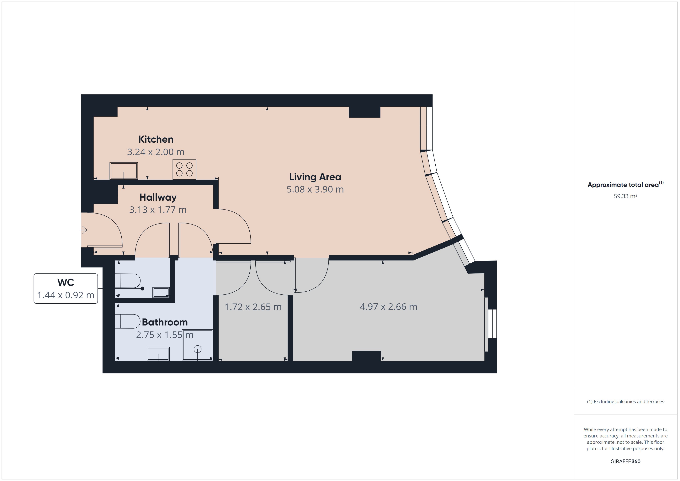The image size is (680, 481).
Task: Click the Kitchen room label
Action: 156,139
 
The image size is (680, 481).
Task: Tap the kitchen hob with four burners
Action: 184,169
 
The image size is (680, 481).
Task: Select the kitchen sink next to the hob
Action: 124,171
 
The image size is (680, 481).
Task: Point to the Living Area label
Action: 315,177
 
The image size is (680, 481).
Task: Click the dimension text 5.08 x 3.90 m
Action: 315,189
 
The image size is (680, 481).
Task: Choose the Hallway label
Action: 158,197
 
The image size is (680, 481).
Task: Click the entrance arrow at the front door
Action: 83,230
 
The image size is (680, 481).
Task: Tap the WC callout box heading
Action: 66,282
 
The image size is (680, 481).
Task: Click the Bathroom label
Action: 165,322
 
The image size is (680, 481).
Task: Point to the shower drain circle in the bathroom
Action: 198,349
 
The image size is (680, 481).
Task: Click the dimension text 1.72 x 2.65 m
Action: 253,307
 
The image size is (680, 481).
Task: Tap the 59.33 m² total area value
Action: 625,196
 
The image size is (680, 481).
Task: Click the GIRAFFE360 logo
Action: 625,461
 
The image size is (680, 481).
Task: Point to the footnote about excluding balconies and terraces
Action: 625,401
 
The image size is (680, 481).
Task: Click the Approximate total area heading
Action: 625,185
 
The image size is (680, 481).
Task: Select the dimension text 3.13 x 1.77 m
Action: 158,210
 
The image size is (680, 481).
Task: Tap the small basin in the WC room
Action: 161,292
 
